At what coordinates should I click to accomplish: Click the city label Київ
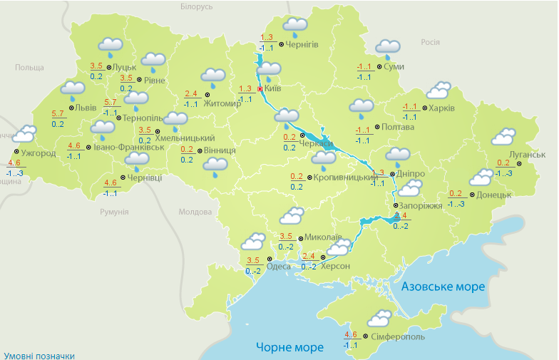click(x=273, y=88)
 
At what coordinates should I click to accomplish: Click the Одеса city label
click(x=279, y=267)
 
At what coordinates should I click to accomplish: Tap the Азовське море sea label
click(x=443, y=287)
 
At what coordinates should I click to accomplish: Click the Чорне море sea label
click(x=289, y=347)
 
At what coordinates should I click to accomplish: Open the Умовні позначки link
click(x=39, y=355)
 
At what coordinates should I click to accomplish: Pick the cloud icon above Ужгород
click(x=25, y=133)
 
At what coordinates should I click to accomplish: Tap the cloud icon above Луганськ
click(x=504, y=136)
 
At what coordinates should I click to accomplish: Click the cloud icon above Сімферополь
click(x=380, y=318)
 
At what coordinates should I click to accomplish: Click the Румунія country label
click(x=114, y=212)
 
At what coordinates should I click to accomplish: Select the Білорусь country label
click(x=197, y=6)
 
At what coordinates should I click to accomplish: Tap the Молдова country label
click(x=195, y=212)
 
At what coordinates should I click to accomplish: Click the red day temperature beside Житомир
click(x=191, y=93)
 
